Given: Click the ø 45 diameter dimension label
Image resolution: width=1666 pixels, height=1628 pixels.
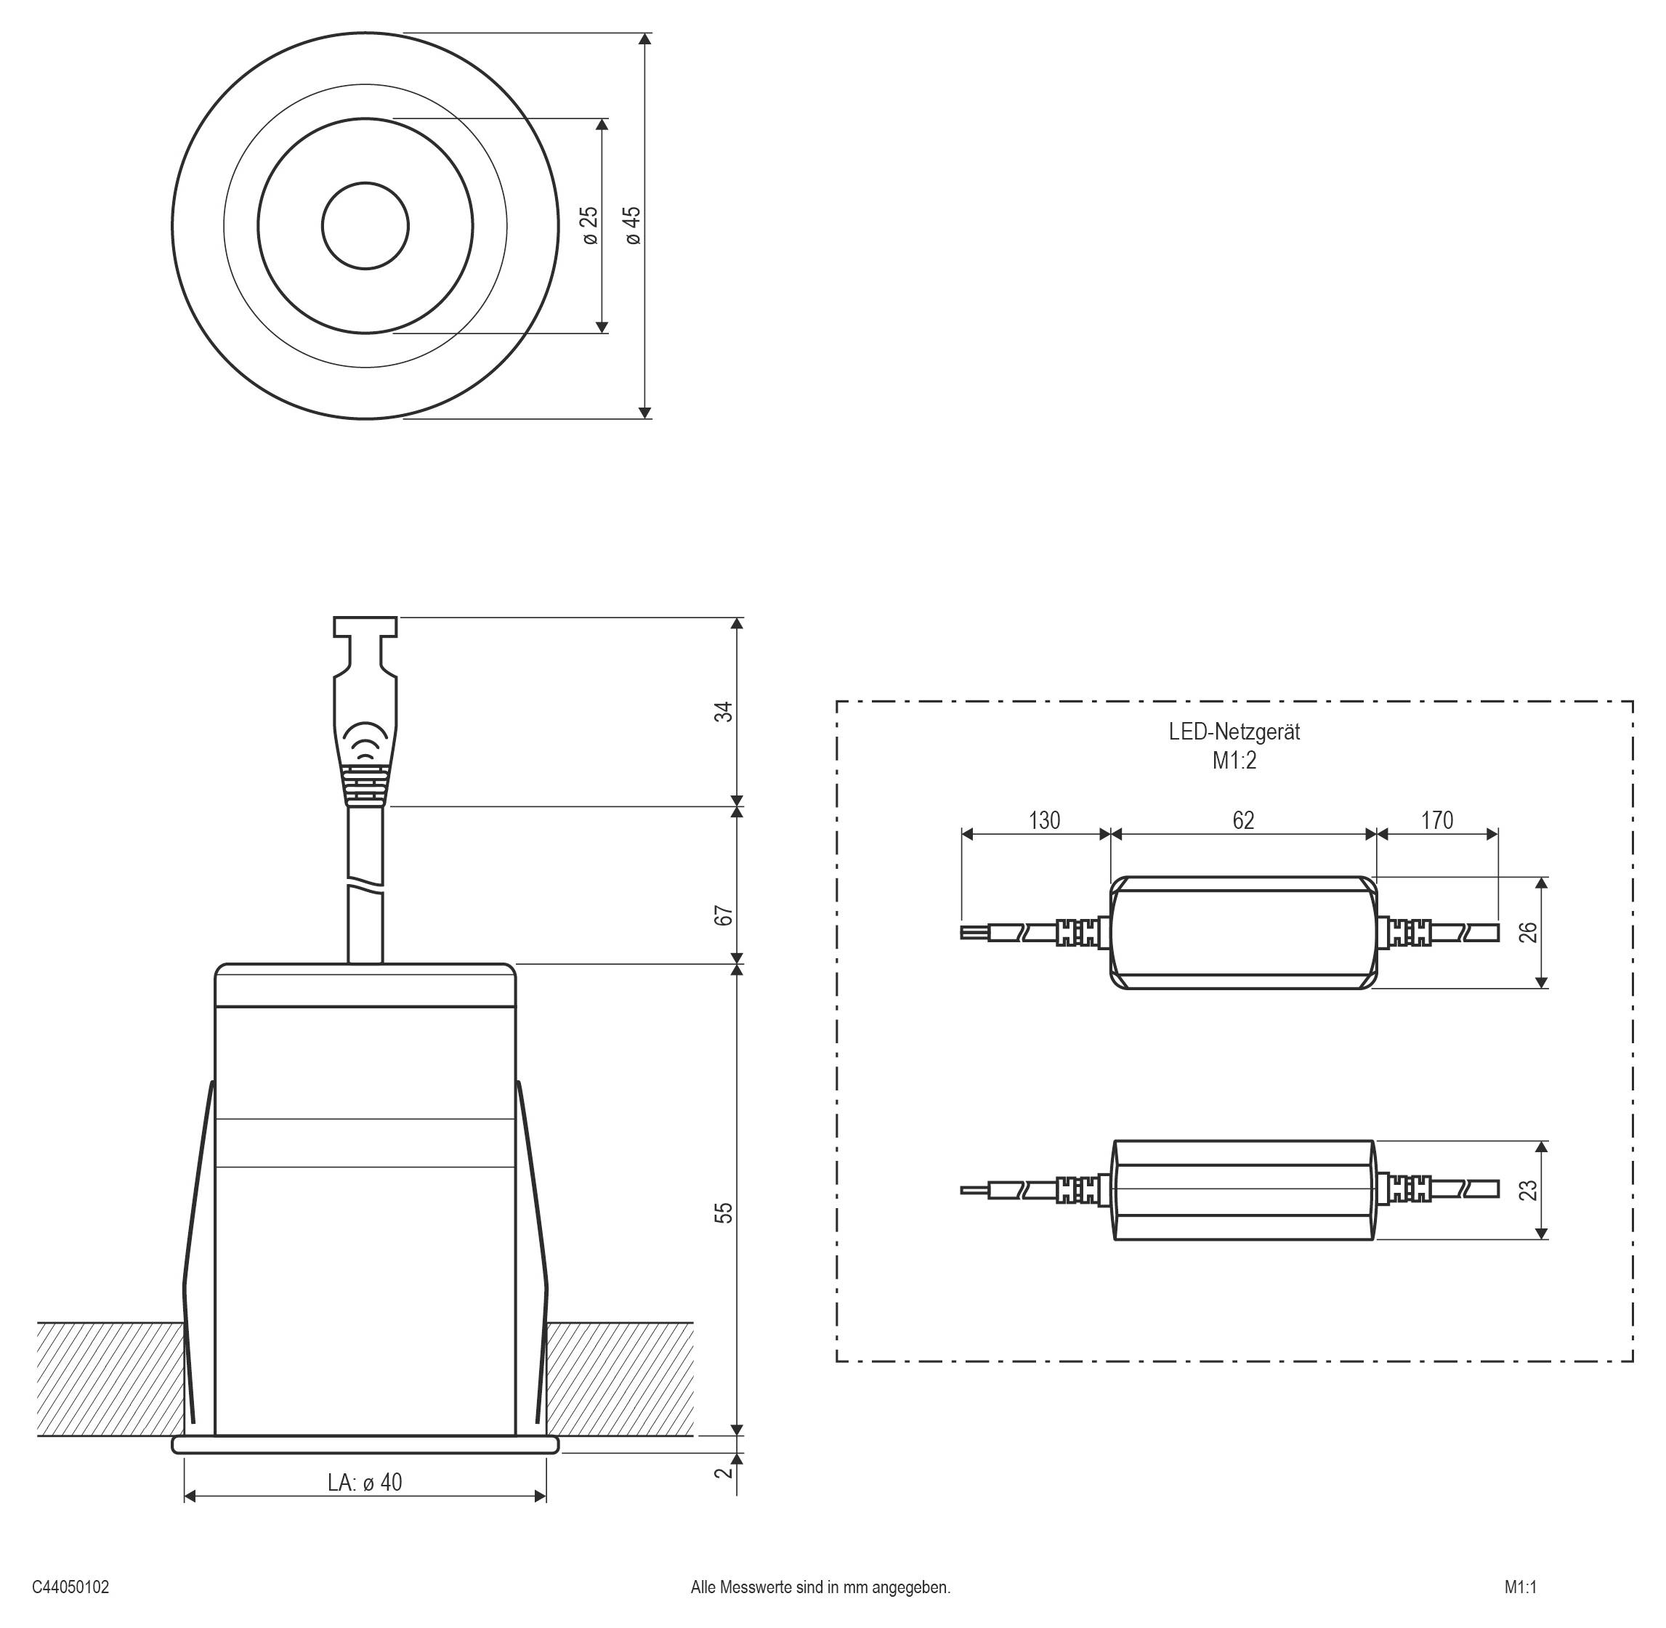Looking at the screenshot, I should [633, 226].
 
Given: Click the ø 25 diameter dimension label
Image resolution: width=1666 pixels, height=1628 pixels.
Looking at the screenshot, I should [590, 226].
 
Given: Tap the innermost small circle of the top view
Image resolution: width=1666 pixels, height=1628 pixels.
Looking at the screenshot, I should [365, 226].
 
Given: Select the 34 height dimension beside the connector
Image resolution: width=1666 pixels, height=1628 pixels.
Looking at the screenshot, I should [724, 711].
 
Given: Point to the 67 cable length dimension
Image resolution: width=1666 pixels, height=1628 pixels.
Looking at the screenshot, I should [724, 915].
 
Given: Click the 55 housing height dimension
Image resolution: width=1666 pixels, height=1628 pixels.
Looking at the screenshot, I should [724, 1212].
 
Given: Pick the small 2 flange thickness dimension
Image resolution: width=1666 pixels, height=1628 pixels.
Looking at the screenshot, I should [724, 1473].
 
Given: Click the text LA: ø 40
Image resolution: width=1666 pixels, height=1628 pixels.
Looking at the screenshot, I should [365, 1482].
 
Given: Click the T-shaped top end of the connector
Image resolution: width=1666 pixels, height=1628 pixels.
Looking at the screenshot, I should [365, 627].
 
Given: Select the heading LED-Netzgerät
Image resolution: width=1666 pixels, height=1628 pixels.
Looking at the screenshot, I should [1234, 732].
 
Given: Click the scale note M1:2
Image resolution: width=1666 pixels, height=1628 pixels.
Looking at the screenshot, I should [1234, 760].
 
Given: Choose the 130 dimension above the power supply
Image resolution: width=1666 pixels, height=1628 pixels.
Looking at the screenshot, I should [1043, 820].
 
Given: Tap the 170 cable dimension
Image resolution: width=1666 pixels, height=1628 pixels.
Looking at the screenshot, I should [1437, 820].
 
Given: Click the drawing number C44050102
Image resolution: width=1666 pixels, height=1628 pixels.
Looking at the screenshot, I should [71, 1588].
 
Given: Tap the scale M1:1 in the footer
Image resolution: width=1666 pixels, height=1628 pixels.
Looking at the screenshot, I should [1521, 1588].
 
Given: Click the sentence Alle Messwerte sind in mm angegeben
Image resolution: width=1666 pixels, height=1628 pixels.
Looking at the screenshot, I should [820, 1588].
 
